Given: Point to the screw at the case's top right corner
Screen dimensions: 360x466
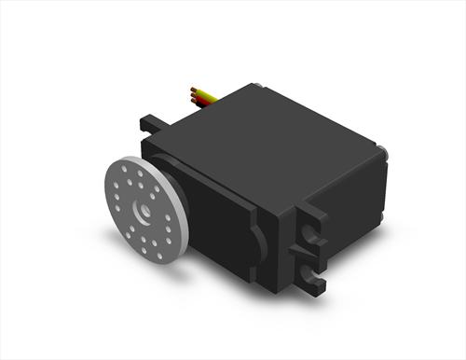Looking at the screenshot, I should pos(382,149).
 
